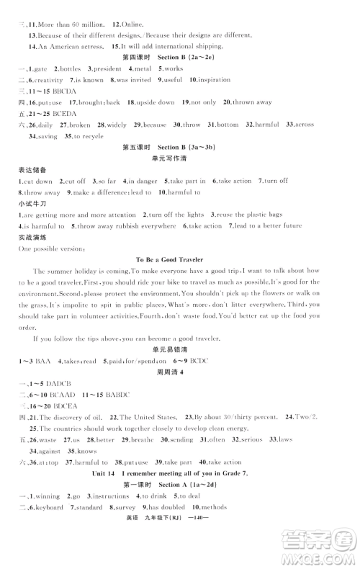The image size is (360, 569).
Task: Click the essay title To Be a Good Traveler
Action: tap(180, 279)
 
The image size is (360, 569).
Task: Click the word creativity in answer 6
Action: tap(50, 79)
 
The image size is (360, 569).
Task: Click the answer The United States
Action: tap(153, 417)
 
